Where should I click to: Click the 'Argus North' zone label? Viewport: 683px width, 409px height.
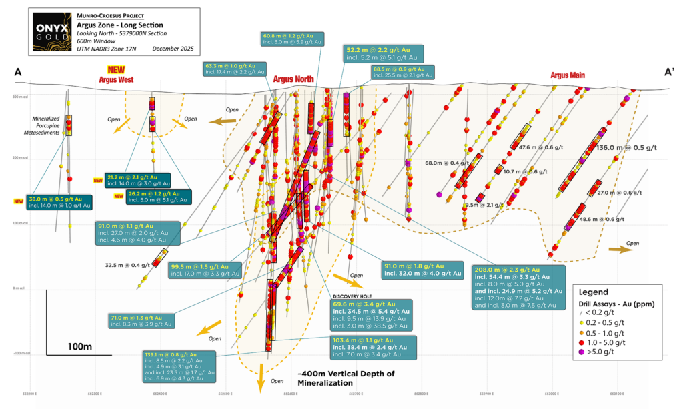point(293,79)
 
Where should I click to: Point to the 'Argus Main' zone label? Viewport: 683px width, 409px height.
point(568,75)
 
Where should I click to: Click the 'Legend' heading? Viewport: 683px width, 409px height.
point(593,292)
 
